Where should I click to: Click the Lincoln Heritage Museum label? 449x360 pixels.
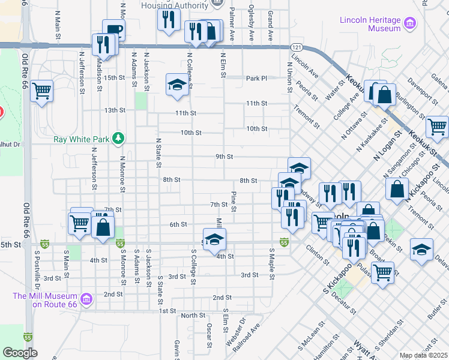pos(370,24)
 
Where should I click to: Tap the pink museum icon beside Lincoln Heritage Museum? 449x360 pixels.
pos(411,24)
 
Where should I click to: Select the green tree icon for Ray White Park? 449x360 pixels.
pos(119,139)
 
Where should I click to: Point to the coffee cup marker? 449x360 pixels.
pos(113,30)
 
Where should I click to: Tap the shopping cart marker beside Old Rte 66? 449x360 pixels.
pos(42,92)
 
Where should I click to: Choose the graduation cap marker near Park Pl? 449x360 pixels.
pos(178,84)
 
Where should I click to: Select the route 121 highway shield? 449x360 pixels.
pos(297,47)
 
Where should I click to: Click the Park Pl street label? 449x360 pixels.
pos(256,79)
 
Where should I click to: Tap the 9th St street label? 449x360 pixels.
pos(224,157)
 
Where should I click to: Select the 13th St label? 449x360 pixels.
pos(114,110)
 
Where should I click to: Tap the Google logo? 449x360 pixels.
pos(19,353)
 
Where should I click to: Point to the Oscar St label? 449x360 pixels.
pos(209,335)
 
